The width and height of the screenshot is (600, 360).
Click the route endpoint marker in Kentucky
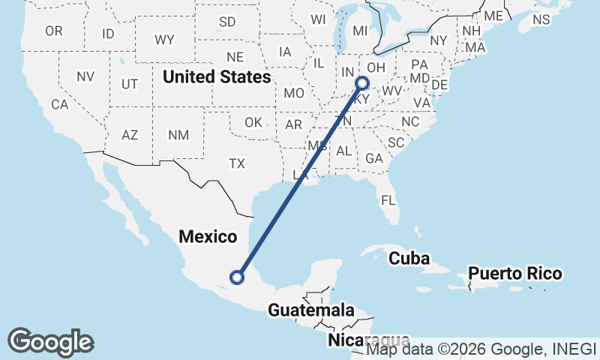362,83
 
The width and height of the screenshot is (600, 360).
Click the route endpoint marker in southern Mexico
237,277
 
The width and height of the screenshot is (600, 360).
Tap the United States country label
217,76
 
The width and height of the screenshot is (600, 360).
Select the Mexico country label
208,237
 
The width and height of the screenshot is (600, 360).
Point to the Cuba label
409,259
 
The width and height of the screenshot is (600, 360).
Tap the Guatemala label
311,310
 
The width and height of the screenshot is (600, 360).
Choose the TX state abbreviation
237,163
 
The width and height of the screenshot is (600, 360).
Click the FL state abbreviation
388,201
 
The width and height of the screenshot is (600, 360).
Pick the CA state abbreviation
59,104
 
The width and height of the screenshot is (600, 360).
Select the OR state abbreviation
54,31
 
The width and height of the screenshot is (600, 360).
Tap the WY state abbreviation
164,39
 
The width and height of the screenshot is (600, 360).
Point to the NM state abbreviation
178,135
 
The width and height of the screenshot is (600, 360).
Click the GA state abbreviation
373,158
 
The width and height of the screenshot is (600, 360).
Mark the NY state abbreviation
439,40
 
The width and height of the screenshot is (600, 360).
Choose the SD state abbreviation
227,21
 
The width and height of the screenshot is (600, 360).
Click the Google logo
50,342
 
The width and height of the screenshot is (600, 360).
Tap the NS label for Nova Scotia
541,19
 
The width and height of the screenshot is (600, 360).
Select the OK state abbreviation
253,122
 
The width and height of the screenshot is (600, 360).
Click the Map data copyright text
481,349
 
